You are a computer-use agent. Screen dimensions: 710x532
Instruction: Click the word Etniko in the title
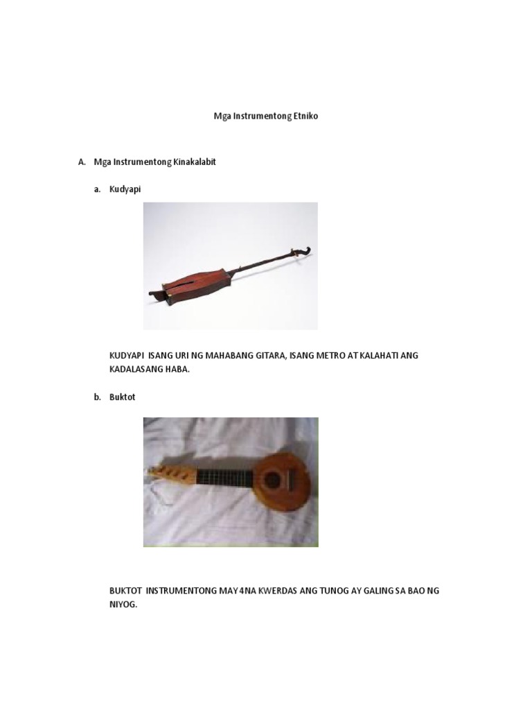304,116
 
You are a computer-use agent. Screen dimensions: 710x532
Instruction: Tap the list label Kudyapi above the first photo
125,189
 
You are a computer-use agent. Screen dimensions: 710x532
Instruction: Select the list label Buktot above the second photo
122,397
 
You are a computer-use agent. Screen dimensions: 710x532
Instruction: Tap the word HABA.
178,370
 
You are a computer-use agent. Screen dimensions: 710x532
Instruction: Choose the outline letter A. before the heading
82,162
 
